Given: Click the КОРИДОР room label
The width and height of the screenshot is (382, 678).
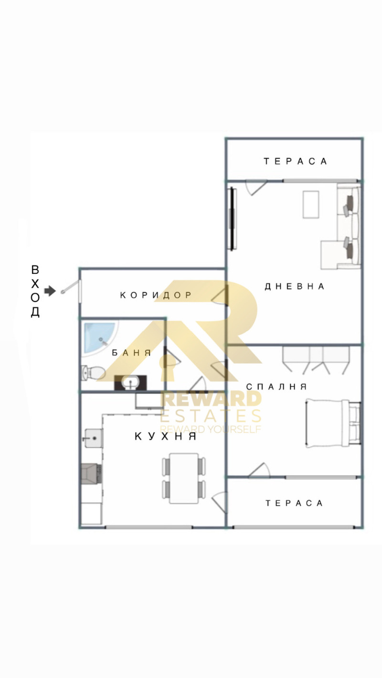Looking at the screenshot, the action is pos(156,295).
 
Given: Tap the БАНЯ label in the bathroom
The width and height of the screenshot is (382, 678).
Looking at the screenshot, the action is pos(131,353).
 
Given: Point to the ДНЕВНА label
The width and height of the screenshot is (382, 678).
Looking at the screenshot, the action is pos(295,286).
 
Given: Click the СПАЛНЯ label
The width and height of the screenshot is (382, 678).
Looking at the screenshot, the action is pos(276,386).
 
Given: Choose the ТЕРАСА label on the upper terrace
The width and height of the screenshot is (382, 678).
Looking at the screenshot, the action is pos(295,161).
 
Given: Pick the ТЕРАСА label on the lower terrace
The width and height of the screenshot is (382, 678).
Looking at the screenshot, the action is pos(294,503).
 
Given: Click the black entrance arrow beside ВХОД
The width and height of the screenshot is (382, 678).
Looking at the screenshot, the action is pos(50,291).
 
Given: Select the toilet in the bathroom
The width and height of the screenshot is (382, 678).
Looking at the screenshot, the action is pos(92,372).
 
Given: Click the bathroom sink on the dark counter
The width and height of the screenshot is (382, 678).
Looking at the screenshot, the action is pos(130,383).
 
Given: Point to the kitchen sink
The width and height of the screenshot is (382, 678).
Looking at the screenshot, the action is pos(93,438).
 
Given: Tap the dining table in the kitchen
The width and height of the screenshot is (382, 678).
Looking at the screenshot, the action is pos(183,478).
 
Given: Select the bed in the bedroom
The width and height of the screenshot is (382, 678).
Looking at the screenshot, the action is pos(333,423).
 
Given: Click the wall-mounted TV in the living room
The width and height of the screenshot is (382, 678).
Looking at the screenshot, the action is pos(233,219).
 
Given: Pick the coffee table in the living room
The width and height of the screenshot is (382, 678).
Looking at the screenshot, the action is pos(311,204).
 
